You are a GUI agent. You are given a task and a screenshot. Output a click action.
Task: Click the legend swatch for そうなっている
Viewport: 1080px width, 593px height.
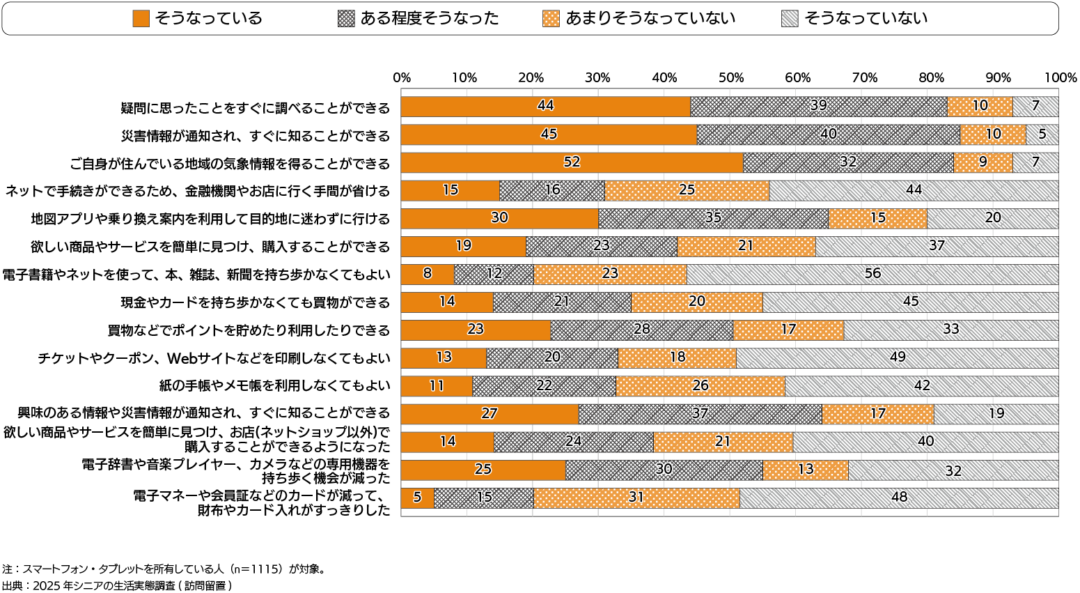coord(141,19)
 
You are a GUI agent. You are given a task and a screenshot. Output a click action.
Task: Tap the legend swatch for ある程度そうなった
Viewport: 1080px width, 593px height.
coord(345,19)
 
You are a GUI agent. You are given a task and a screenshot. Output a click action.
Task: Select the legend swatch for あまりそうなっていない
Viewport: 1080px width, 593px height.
coord(551,19)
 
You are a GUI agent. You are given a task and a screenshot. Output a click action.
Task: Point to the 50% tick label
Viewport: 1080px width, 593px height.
coord(730,78)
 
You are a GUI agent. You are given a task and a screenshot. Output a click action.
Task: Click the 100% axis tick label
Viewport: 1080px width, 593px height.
coord(1061,78)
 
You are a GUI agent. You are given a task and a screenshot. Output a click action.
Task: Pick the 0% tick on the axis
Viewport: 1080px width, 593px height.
coord(402,78)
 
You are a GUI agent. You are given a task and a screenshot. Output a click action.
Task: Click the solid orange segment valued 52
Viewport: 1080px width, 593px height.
coord(572,162)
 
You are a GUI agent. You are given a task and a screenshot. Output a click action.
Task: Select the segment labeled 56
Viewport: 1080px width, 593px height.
coord(872,274)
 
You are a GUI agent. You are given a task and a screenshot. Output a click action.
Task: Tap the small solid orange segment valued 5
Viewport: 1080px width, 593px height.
coord(418,498)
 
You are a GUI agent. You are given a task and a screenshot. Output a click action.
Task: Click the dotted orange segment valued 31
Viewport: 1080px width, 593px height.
coord(636,498)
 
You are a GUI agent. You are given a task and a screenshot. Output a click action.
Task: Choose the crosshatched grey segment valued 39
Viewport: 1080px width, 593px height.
coord(818,107)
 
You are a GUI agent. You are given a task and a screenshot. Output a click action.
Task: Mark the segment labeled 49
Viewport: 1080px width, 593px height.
coord(897,357)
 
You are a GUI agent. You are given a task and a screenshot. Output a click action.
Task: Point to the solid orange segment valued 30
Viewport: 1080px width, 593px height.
coord(499,218)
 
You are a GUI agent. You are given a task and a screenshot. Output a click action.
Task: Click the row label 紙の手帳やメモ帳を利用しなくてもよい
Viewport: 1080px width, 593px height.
coord(274,385)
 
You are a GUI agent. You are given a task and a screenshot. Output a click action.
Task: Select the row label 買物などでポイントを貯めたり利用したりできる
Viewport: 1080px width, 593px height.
coord(249,330)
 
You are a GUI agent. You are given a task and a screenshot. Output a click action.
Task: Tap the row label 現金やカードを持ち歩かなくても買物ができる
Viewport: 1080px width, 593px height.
coord(255,302)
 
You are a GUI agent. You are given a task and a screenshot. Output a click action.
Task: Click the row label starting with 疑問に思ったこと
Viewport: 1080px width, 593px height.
coord(255,108)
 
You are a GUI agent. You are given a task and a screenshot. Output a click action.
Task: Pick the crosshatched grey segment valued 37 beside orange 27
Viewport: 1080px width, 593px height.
coord(700,414)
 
